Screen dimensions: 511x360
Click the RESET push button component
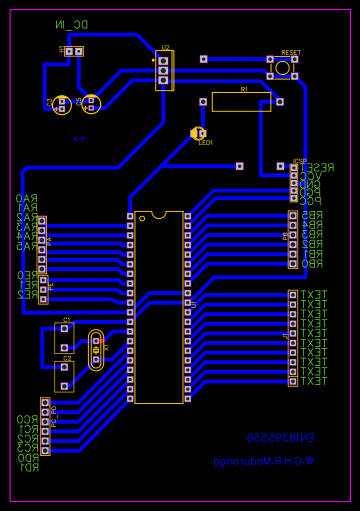coord(283,67)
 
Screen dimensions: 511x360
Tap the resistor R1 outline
coord(241,101)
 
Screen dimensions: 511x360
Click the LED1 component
coord(198,133)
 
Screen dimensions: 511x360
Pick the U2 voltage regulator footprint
coord(164,70)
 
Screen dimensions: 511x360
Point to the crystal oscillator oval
coord(96,351)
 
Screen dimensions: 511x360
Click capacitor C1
coord(64,337)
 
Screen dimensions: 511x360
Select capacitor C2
coord(64,375)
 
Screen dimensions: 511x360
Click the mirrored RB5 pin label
coord(313,215)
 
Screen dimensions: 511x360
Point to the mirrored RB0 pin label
coord(313,264)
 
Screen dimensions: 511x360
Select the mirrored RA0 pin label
coord(26,198)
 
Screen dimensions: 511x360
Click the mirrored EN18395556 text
coord(281,438)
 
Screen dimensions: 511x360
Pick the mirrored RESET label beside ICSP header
coord(318,167)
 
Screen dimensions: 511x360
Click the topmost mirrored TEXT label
coord(314,294)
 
